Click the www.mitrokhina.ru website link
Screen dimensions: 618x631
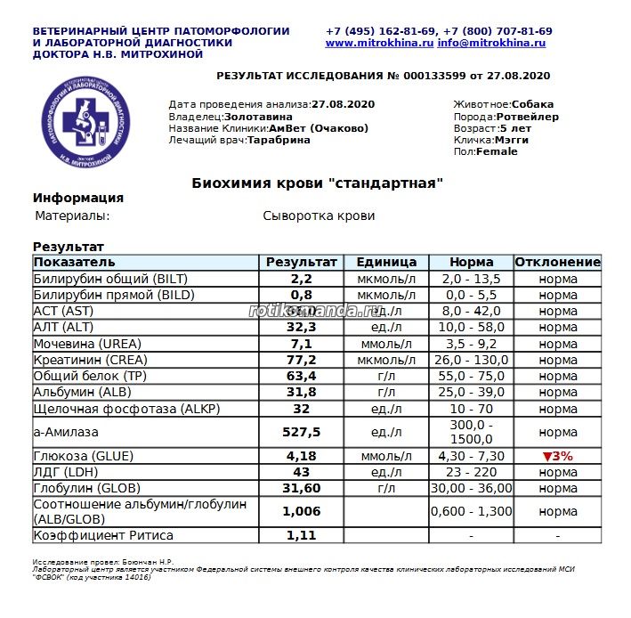[x=379, y=43]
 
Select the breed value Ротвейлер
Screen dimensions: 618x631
[x=527, y=117]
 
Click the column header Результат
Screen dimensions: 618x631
[x=302, y=263]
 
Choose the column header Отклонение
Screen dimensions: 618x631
[x=558, y=263]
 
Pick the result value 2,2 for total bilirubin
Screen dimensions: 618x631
[x=302, y=279]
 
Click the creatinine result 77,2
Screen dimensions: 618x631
[x=302, y=360]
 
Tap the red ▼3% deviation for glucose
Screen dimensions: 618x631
[x=558, y=456]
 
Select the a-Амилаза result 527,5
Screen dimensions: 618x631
[x=302, y=432]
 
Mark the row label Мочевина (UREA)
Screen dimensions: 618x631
[x=85, y=344]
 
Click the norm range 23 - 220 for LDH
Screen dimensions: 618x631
[x=472, y=472]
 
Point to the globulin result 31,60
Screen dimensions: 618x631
[x=302, y=488]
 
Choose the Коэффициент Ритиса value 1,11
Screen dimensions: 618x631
[x=302, y=536]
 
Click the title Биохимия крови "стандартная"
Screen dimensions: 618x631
[x=317, y=183]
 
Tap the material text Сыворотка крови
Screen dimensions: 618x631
[x=319, y=216]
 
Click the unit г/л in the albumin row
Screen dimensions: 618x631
[x=386, y=392]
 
